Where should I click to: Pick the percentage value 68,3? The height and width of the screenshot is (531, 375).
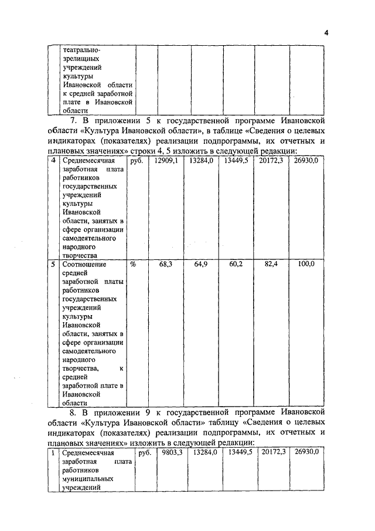click(x=166, y=265)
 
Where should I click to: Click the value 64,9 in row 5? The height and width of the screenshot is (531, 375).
click(x=201, y=265)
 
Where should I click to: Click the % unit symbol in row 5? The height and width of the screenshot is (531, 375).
click(x=133, y=265)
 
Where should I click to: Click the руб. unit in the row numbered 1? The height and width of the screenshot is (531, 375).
click(x=144, y=453)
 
